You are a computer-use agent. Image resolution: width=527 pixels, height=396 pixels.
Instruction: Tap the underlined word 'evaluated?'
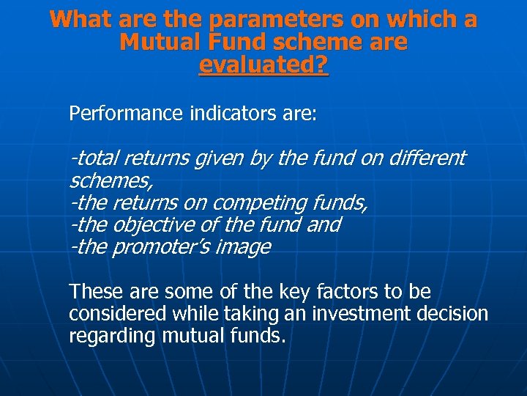coord(264,65)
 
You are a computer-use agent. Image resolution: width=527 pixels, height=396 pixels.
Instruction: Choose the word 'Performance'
coord(124,114)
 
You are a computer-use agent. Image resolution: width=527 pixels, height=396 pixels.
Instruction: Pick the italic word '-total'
coord(94,158)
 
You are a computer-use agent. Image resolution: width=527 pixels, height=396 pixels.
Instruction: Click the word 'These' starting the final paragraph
coord(93,292)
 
